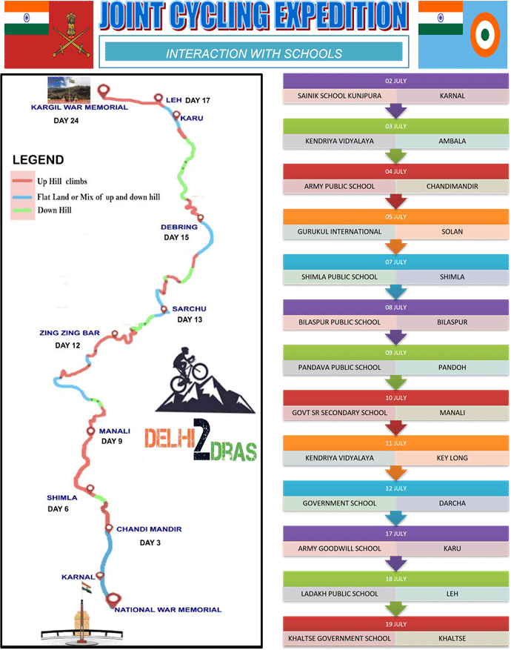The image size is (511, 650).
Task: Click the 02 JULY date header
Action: (395, 81)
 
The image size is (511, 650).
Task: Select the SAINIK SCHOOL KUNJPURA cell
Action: (340, 96)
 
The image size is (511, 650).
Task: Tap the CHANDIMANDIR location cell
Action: (452, 187)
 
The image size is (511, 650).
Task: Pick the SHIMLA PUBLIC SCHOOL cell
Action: (340, 277)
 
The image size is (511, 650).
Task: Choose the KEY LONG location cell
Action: (452, 458)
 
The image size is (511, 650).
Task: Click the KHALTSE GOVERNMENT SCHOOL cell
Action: (340, 638)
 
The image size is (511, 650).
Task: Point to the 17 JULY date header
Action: (395, 534)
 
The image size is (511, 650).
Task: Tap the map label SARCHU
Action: (190, 309)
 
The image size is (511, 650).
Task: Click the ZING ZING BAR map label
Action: (70, 333)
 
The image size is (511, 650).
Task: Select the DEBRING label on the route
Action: (179, 228)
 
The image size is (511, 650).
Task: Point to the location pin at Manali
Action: (90, 431)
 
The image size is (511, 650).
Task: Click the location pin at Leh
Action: (158, 98)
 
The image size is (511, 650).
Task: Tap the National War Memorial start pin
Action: (113, 600)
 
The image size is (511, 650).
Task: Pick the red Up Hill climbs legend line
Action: (22, 181)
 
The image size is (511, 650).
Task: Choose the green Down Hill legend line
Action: (22, 210)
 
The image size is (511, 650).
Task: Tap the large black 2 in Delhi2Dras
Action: (201, 440)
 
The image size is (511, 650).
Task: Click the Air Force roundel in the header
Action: (485, 35)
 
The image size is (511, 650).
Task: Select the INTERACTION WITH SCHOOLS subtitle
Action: (254, 53)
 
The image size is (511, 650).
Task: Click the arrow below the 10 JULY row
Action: (396, 428)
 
